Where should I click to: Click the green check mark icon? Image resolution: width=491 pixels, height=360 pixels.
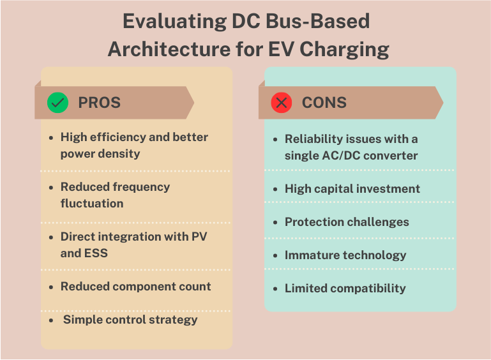[x=57, y=103]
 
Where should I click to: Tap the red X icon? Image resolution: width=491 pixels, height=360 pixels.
[x=282, y=103]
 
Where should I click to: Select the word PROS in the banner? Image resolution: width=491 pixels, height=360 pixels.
[x=99, y=103]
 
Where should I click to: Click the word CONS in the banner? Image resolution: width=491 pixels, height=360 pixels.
[x=324, y=103]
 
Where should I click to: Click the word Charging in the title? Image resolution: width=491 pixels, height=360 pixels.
[x=344, y=50]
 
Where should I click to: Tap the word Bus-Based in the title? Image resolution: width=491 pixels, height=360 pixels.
[x=317, y=21]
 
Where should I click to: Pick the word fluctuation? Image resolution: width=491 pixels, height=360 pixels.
[x=92, y=204]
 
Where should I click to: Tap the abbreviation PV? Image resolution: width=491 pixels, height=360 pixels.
[x=199, y=237]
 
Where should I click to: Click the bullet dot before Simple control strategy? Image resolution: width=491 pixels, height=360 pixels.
[x=51, y=320]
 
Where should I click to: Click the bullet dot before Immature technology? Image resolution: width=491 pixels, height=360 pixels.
[x=275, y=256]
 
